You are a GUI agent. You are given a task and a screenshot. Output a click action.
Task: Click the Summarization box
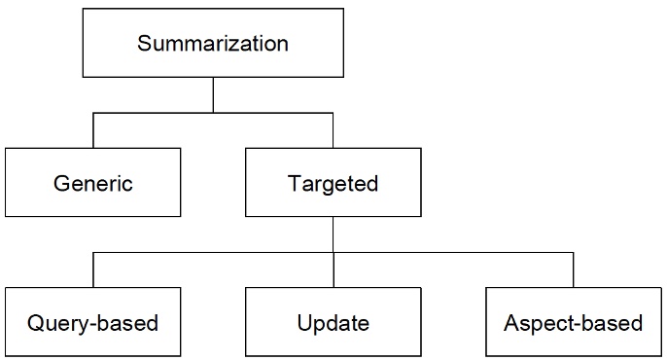pyautogui.click(x=213, y=44)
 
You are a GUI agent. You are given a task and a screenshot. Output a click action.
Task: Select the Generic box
pyautogui.click(x=92, y=182)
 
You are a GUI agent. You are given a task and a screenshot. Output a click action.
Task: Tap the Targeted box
pyautogui.click(x=333, y=182)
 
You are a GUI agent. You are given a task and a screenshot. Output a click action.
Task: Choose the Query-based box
pyautogui.click(x=92, y=321)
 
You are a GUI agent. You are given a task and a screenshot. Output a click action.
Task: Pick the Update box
pyautogui.click(x=333, y=321)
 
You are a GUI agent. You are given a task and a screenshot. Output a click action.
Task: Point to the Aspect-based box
pyautogui.click(x=573, y=321)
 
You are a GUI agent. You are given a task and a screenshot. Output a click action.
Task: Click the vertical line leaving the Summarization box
pyautogui.click(x=213, y=94)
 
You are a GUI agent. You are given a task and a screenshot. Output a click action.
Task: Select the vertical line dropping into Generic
pyautogui.click(x=93, y=130)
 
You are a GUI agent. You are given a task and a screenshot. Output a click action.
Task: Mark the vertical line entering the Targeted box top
pyautogui.click(x=333, y=130)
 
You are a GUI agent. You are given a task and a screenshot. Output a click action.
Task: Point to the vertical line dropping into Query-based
pyautogui.click(x=93, y=270)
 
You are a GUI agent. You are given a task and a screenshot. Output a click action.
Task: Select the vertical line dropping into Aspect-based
pyautogui.click(x=573, y=270)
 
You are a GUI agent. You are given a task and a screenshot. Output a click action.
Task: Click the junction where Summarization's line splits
pyautogui.click(x=213, y=113)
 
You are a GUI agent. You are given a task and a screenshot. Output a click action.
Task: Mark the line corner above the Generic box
pyautogui.click(x=93, y=113)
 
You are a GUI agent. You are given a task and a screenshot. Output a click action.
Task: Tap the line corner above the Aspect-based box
pyautogui.click(x=573, y=253)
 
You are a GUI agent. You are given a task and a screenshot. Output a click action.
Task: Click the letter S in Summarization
pyautogui.click(x=145, y=44)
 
